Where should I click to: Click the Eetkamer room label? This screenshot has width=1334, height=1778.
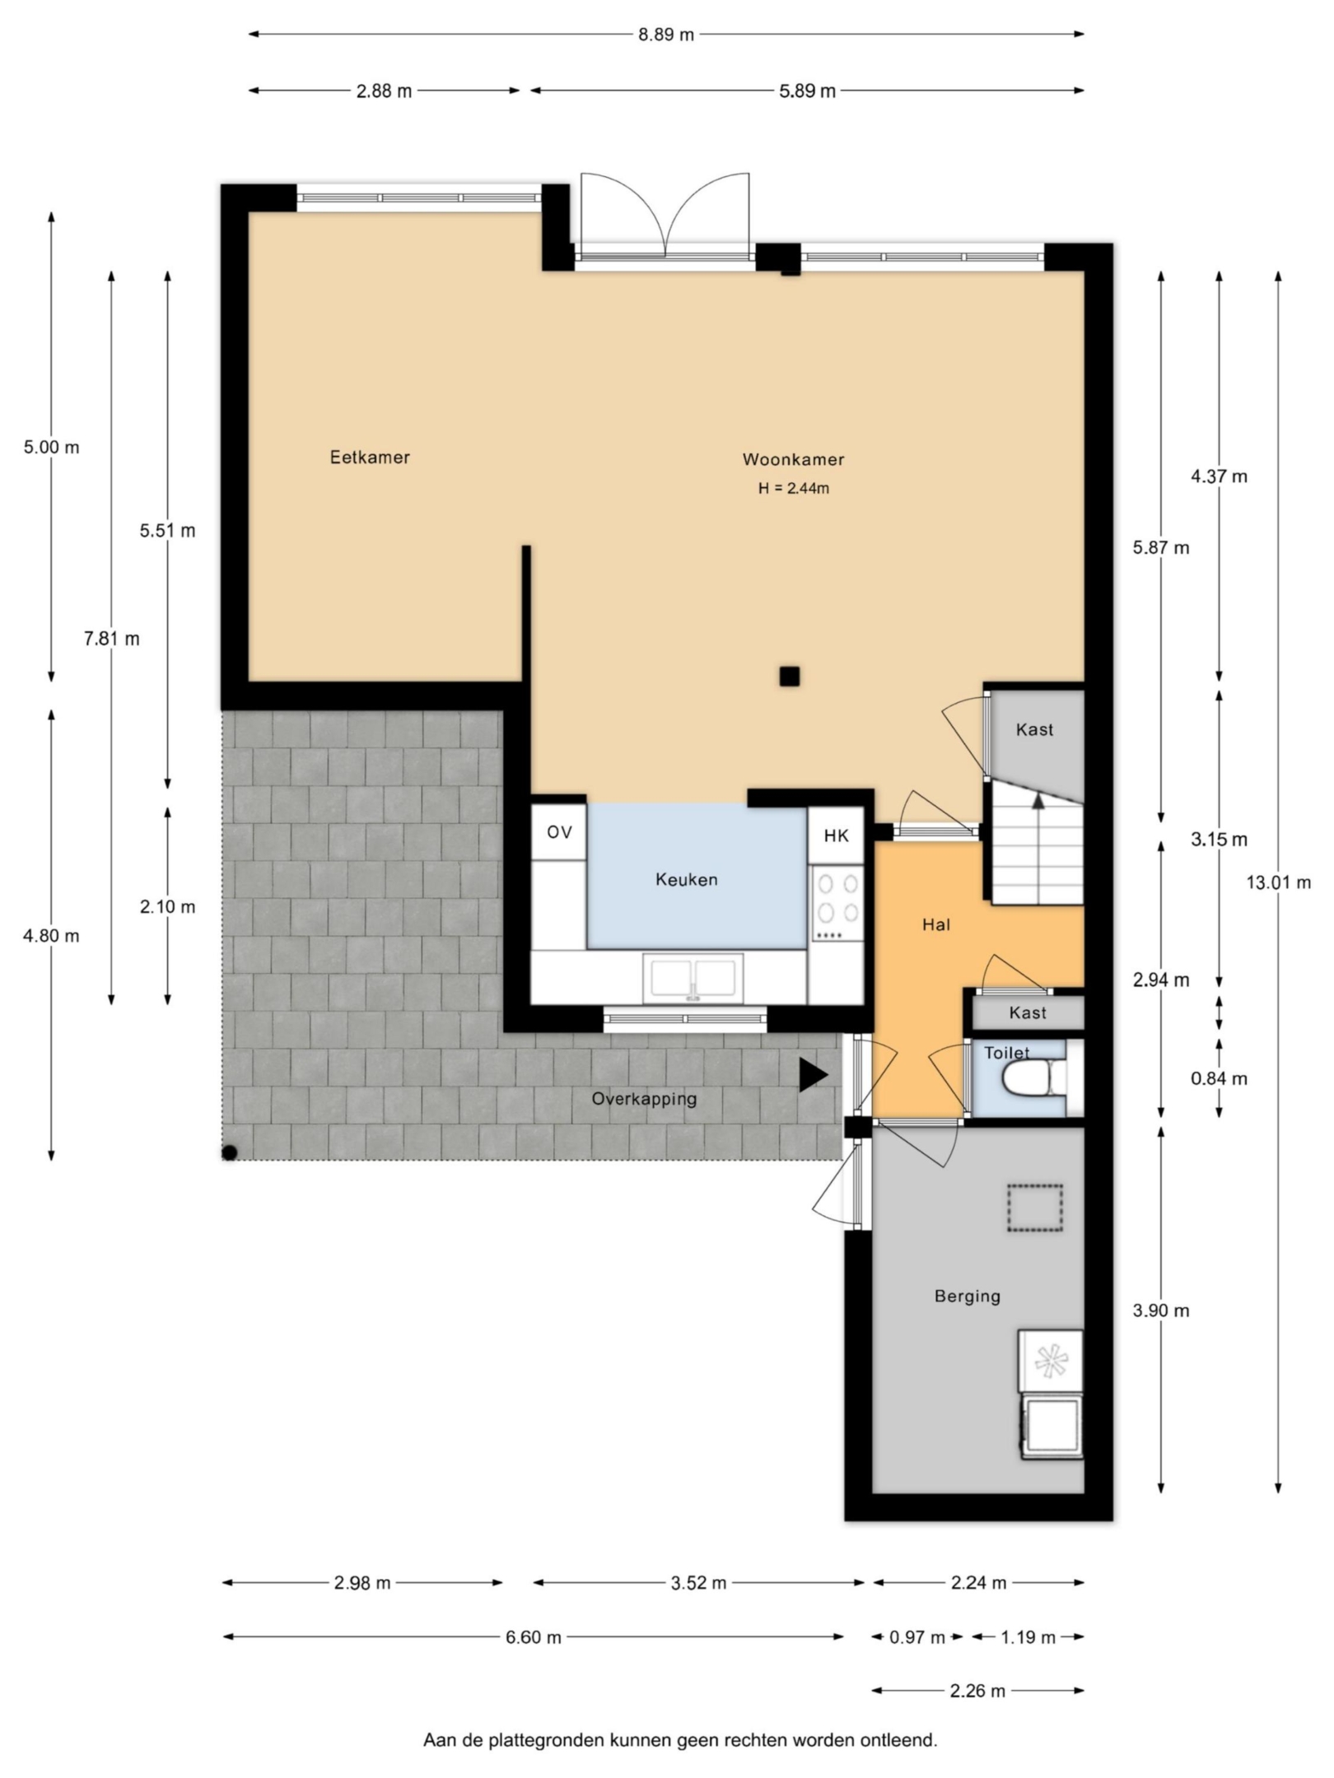(370, 458)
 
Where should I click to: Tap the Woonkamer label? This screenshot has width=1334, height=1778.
(793, 460)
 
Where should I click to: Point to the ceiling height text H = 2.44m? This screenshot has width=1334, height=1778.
(793, 488)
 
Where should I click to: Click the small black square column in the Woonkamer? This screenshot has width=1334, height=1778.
(790, 677)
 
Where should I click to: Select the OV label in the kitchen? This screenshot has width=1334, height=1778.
(559, 832)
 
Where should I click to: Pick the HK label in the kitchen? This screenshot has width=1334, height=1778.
(836, 836)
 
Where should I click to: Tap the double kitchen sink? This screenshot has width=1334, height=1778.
(693, 978)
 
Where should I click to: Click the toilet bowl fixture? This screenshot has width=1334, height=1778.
(1032, 1077)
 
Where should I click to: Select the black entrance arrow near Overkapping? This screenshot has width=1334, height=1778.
(813, 1076)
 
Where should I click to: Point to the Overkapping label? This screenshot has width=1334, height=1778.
(644, 1099)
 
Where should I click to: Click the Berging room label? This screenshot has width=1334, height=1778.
(967, 1296)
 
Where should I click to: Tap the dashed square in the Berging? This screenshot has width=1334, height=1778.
(1035, 1208)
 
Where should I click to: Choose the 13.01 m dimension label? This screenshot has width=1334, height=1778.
(1278, 883)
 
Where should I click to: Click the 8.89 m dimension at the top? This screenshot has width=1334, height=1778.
(665, 35)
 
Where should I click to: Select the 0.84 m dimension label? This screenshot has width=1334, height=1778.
(1219, 1078)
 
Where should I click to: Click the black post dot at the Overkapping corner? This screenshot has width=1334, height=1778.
(230, 1153)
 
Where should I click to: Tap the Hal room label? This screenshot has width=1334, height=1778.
(936, 925)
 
